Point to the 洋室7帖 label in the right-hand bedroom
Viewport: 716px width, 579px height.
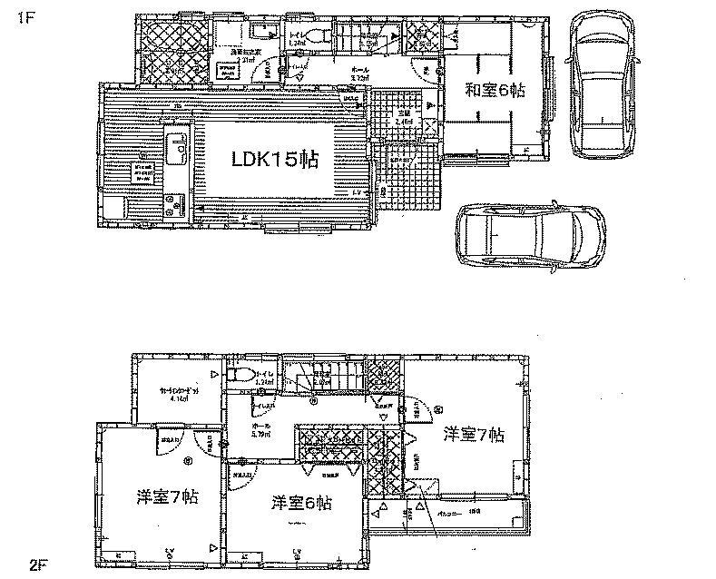point(473,435)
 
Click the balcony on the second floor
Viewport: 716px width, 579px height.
point(447,515)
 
